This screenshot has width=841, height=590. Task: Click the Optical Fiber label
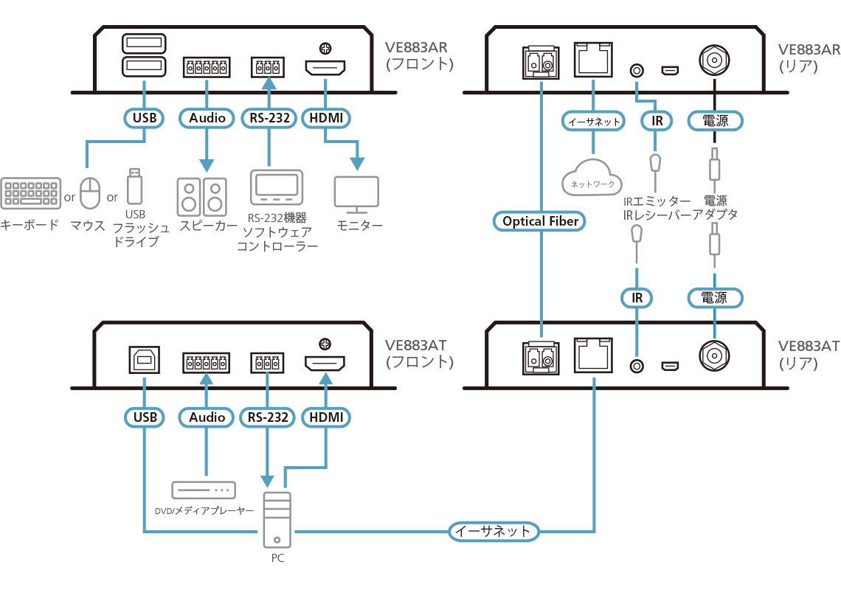(x=541, y=221)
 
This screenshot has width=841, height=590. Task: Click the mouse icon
(x=90, y=193)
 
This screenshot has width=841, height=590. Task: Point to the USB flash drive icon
(x=134, y=187)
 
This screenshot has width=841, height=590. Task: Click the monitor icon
(x=356, y=194)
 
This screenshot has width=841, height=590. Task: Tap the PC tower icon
(x=277, y=519)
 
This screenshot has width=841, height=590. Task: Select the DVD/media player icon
(x=203, y=490)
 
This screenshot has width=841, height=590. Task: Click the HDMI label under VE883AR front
(x=326, y=117)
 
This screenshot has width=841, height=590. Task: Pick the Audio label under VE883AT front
(x=207, y=417)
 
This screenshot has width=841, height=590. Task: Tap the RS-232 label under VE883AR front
(x=269, y=117)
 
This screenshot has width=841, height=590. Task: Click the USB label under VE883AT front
(x=145, y=417)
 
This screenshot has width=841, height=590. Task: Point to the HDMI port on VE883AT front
(x=326, y=364)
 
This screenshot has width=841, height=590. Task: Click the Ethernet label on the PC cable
(x=493, y=531)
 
